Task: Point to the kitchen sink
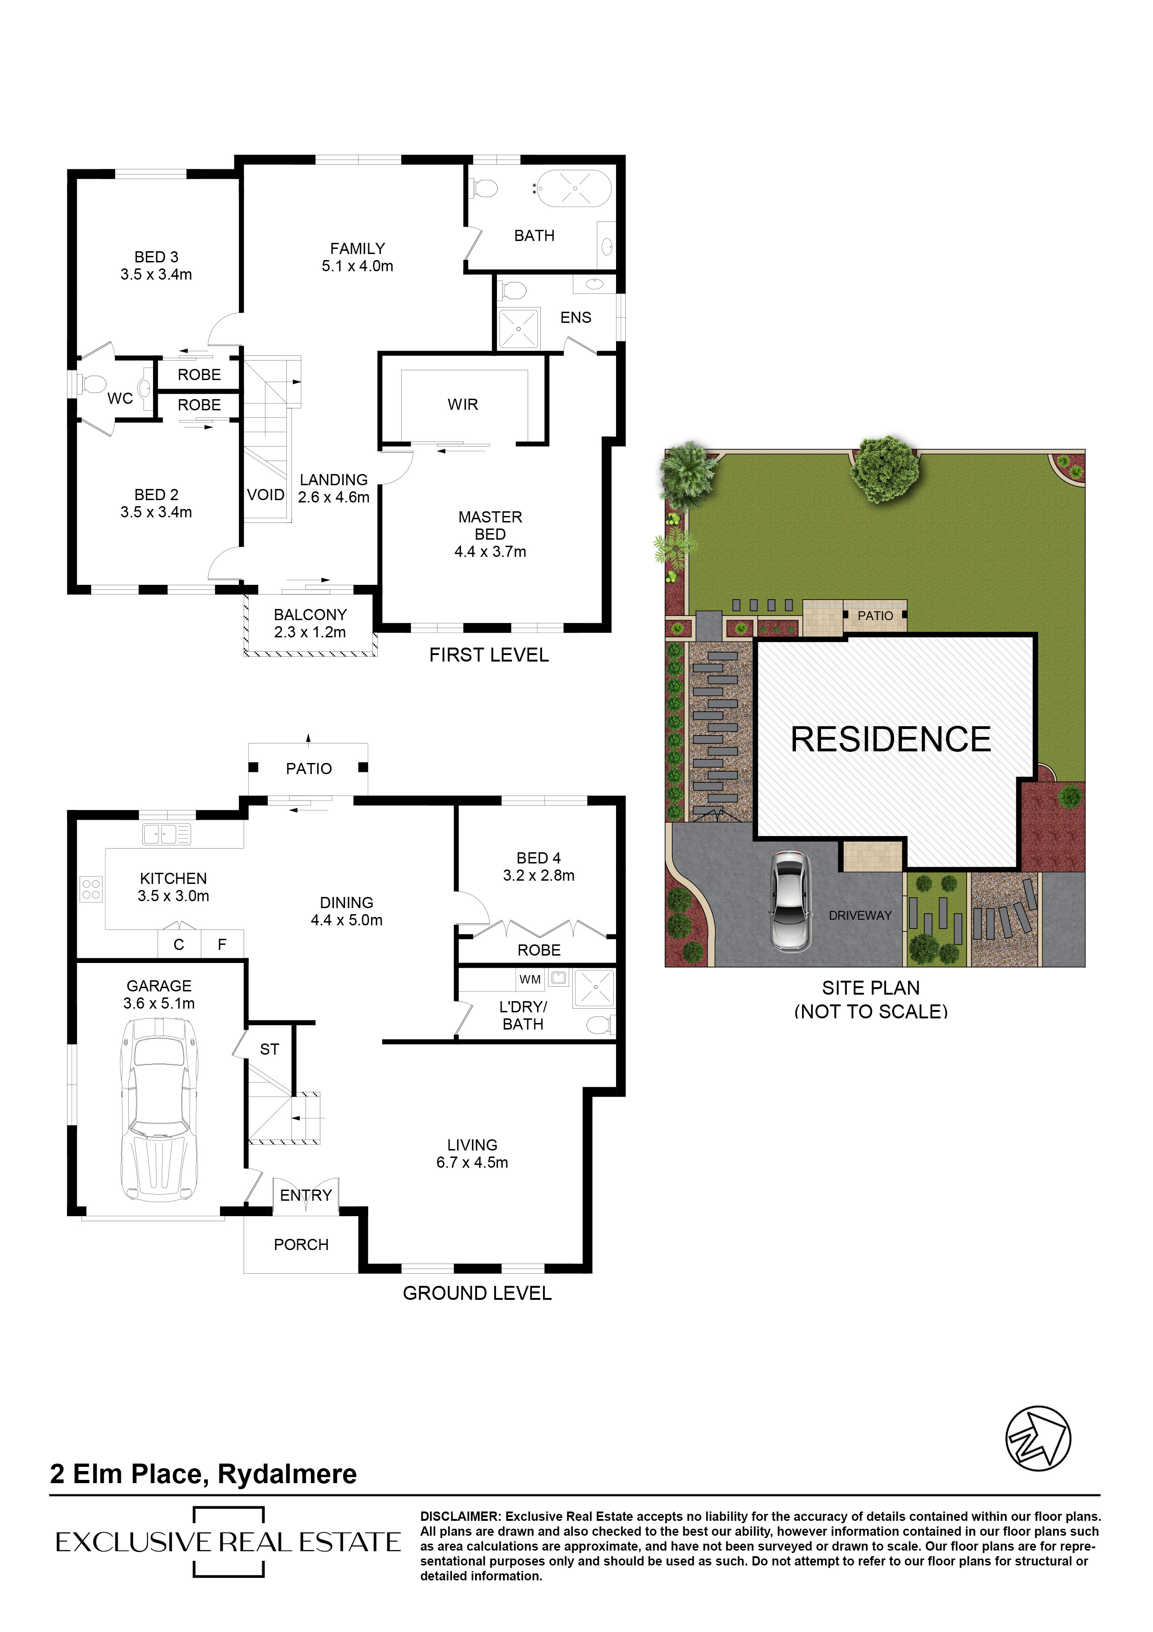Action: pyautogui.click(x=166, y=833)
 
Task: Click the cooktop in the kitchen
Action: pyautogui.click(x=91, y=889)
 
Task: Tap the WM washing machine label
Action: pyautogui.click(x=530, y=979)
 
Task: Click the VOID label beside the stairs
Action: pyautogui.click(x=265, y=495)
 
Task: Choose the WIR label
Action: pyautogui.click(x=463, y=404)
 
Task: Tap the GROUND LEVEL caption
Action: pyautogui.click(x=477, y=1293)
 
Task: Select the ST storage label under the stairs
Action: pyautogui.click(x=269, y=1049)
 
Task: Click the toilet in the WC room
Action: pyautogui.click(x=93, y=385)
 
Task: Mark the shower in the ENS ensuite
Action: pyautogui.click(x=518, y=329)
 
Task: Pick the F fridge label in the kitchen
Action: pyautogui.click(x=222, y=945)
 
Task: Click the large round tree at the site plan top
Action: pyautogui.click(x=885, y=469)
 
